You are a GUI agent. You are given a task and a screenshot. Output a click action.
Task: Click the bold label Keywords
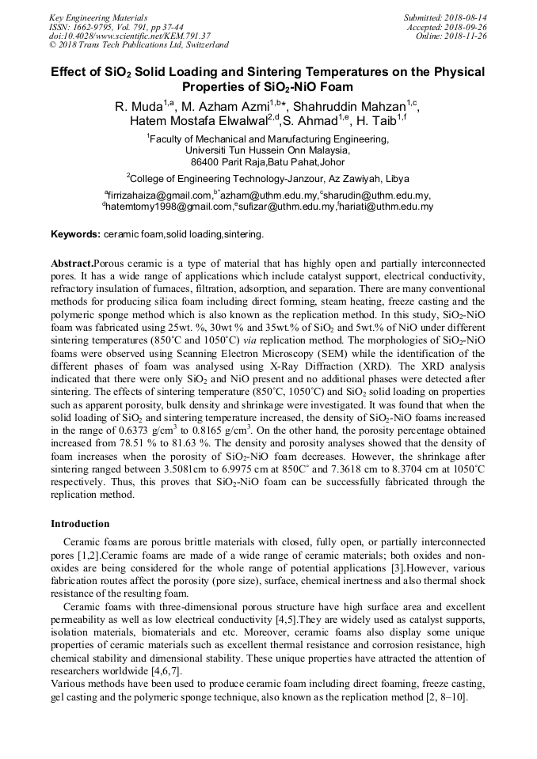click(75, 235)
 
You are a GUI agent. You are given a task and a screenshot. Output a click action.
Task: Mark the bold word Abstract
click(72, 262)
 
